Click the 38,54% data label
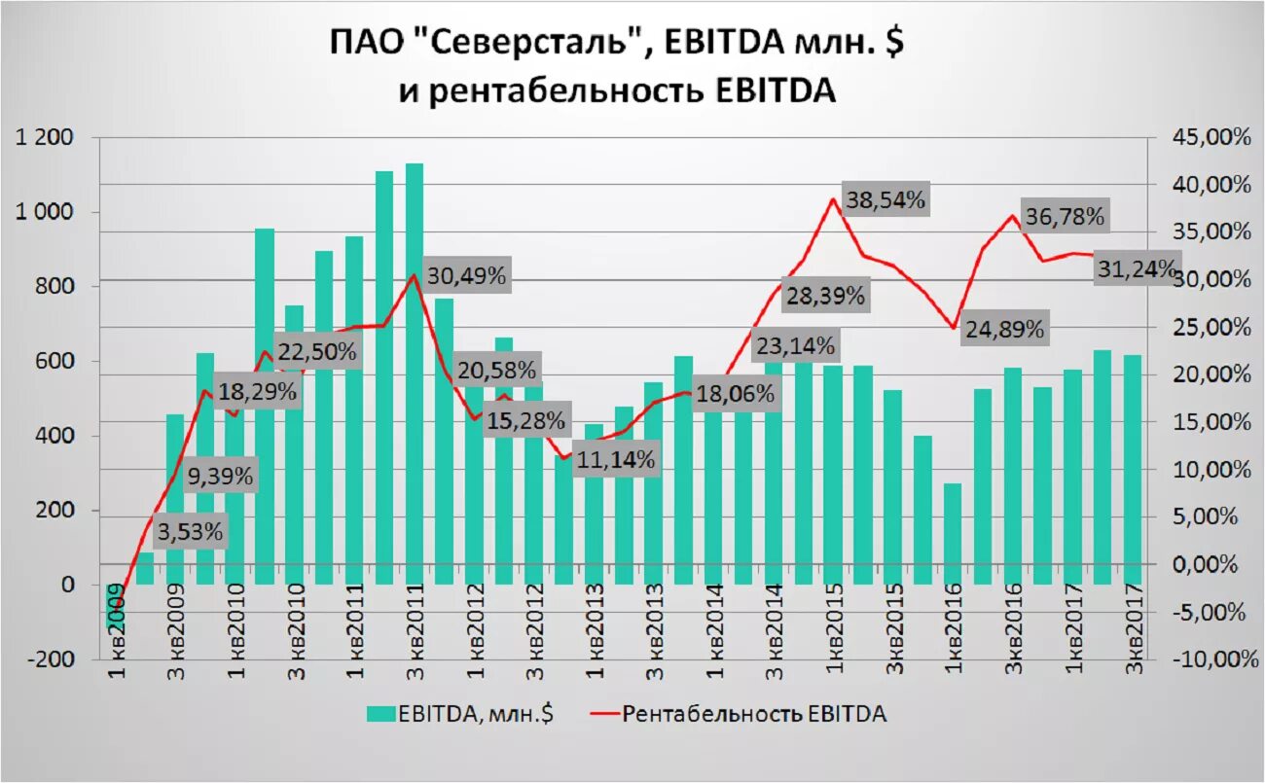click(885, 201)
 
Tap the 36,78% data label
click(1064, 217)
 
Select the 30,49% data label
click(466, 276)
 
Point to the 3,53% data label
click(190, 532)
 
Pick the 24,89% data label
click(1005, 330)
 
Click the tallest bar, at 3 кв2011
click(415, 374)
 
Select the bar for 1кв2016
click(953, 534)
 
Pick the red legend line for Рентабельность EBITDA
click(602, 714)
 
